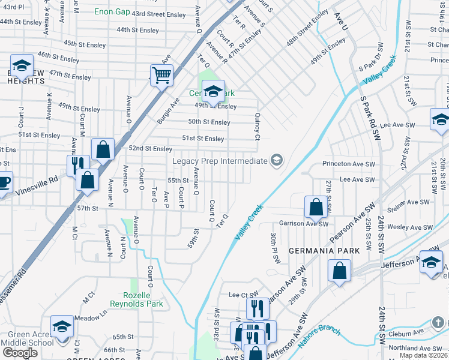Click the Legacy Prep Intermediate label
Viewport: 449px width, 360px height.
pos(219,161)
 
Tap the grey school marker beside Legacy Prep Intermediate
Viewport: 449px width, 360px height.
pos(276,160)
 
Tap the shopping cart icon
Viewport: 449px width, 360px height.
pos(161,76)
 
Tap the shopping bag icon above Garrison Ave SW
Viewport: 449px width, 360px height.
pos(316,208)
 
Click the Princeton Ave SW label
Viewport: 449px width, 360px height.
pos(348,163)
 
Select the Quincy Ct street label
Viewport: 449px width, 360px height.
pos(258,127)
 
